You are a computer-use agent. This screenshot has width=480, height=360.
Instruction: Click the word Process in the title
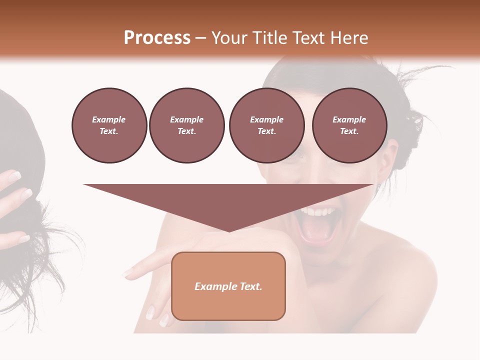point(157,38)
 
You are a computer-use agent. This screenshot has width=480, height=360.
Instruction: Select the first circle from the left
point(109,125)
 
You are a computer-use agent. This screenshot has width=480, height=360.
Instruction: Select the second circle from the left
point(186,125)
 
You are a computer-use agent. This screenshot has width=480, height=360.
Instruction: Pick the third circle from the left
point(266,125)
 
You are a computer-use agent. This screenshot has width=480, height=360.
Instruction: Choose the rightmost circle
point(349,125)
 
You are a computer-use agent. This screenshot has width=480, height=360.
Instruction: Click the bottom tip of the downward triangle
point(229,231)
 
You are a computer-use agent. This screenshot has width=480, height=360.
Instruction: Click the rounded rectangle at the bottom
point(228,286)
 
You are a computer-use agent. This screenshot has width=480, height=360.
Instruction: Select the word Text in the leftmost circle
point(109,131)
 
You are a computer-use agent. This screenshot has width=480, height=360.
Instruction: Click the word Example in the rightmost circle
point(349,119)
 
